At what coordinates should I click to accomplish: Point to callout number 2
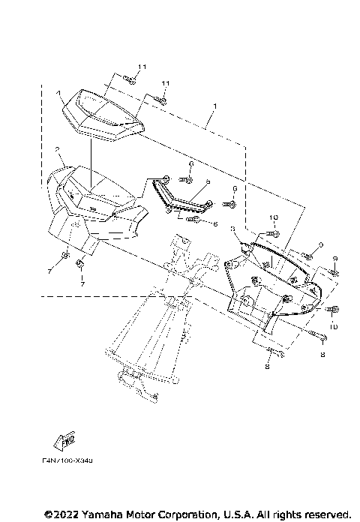(x=57, y=151)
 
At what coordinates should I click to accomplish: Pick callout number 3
(x=234, y=228)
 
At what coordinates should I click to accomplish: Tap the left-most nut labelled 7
(x=65, y=258)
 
